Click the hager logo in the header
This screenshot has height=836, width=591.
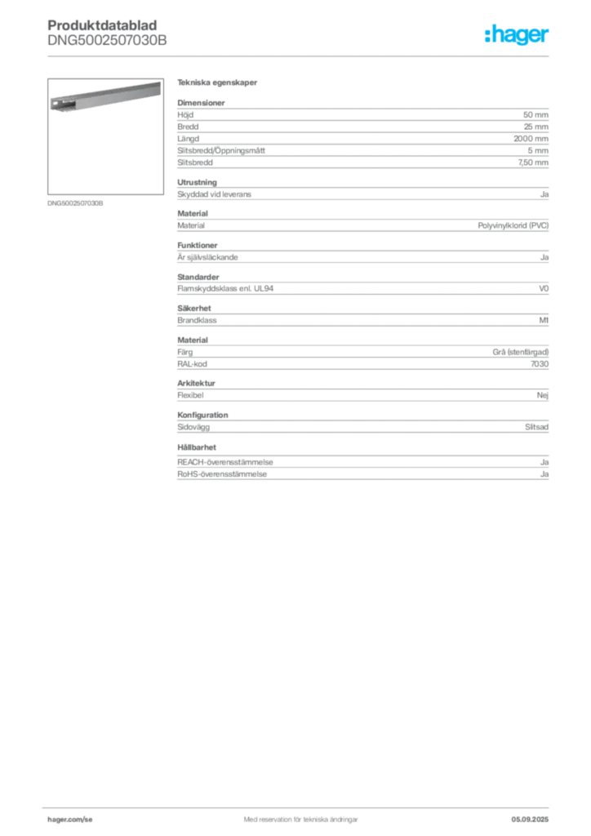(x=517, y=34)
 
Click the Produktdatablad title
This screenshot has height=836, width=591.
(x=102, y=25)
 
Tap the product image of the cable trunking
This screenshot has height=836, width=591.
(x=105, y=97)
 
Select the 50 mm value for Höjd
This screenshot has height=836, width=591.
(x=535, y=114)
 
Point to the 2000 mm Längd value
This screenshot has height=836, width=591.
(x=531, y=139)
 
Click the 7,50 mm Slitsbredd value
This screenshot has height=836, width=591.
(x=533, y=162)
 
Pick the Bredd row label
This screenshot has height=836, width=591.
(x=188, y=127)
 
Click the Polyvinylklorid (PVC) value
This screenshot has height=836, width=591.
(x=513, y=225)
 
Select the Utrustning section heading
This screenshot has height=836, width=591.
(x=198, y=182)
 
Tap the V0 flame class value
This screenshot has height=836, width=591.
(x=544, y=288)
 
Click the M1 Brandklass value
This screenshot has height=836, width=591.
(x=544, y=320)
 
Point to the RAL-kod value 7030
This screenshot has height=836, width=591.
(x=540, y=364)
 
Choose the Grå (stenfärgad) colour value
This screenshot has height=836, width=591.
(x=520, y=352)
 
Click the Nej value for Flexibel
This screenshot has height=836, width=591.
(x=543, y=396)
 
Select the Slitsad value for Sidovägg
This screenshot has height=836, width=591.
(x=536, y=427)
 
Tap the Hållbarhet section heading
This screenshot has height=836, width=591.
(x=197, y=447)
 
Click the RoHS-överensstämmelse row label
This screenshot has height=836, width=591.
(x=222, y=474)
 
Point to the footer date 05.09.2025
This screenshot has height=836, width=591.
(x=530, y=820)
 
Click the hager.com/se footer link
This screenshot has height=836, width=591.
(x=70, y=820)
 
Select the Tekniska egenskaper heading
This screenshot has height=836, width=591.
(x=217, y=82)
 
